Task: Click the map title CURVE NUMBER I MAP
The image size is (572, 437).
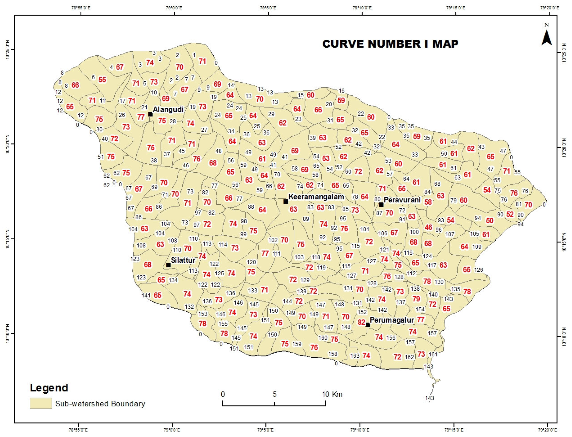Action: click(390, 44)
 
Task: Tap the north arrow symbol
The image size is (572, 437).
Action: click(547, 38)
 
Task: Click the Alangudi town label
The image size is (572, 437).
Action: click(168, 109)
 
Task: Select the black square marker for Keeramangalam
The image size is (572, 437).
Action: click(286, 201)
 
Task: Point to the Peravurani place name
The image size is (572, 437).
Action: click(402, 200)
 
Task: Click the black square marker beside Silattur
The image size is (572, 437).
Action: click(168, 265)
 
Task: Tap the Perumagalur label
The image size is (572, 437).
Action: click(392, 320)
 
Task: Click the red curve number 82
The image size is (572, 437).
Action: click(361, 322)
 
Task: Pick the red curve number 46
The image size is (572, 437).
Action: click(428, 227)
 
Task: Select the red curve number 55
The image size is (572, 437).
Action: click(102, 80)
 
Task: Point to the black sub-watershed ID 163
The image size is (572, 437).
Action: click(355, 356)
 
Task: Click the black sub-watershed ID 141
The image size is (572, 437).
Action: click(146, 295)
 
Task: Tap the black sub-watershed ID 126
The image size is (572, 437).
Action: click(478, 269)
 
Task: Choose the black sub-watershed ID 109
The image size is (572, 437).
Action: click(476, 247)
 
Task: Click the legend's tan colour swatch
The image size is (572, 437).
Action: click(41, 403)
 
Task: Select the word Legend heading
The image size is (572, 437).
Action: click(49, 388)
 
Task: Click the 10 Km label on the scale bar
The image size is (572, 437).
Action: click(332, 394)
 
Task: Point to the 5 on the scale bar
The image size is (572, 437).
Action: click(274, 394)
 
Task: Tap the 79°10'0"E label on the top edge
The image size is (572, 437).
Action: click(362, 8)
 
